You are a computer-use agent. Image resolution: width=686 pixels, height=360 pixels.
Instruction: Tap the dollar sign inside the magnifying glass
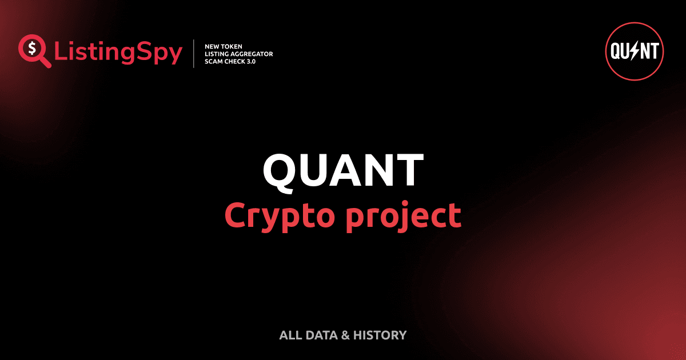click(31, 48)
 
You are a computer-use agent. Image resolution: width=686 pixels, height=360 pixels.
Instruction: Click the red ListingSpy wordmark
click(118, 53)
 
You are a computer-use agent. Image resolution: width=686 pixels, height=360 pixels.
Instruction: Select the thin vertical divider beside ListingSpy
click(195, 54)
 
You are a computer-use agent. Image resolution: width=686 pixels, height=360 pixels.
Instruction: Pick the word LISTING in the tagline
click(217, 54)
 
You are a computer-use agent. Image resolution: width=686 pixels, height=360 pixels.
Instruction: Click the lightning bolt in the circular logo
click(635, 52)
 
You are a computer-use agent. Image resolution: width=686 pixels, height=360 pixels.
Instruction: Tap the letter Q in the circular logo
click(617, 52)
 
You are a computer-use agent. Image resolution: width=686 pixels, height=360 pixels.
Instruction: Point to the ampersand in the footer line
click(345, 335)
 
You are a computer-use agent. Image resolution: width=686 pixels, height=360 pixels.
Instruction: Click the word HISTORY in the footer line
click(380, 335)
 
